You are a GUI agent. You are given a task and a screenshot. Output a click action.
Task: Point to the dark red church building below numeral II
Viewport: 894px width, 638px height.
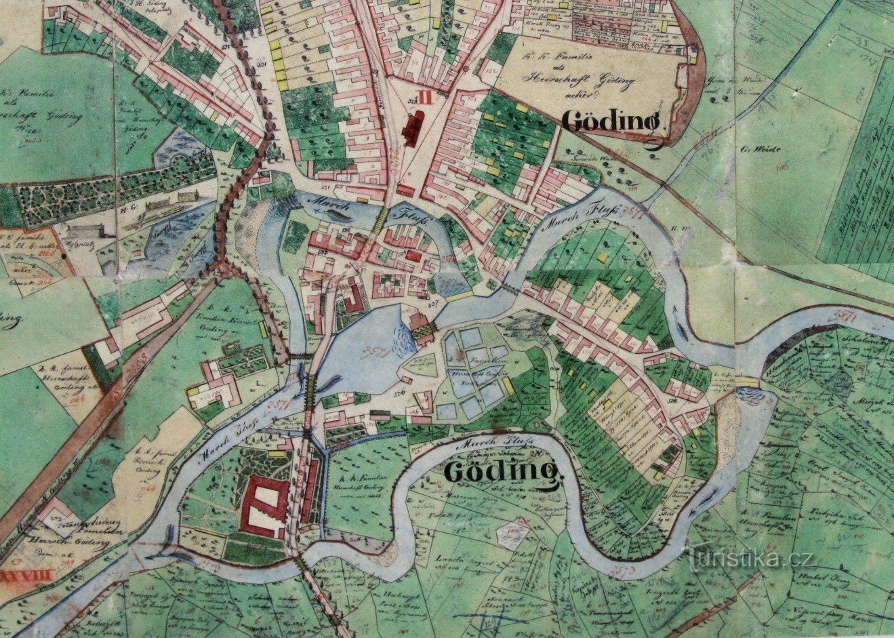(x=413, y=129)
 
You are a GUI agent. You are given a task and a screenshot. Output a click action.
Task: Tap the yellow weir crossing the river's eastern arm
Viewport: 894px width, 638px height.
(x=748, y=382)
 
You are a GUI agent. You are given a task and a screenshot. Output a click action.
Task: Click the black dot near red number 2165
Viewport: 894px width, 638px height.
(x=62, y=257)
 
